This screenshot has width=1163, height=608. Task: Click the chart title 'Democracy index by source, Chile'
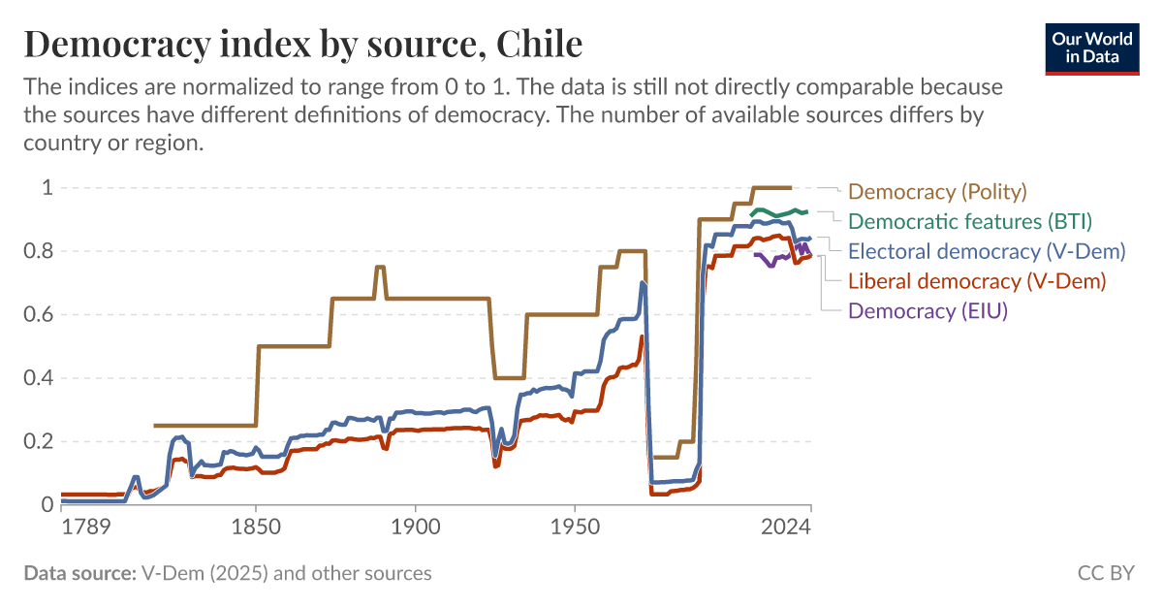(x=302, y=44)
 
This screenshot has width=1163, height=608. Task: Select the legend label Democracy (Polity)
(x=937, y=191)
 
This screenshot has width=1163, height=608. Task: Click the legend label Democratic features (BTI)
(x=970, y=221)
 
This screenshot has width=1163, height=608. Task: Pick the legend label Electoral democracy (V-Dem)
(x=987, y=251)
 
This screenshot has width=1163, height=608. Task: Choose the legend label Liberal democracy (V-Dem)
(x=977, y=281)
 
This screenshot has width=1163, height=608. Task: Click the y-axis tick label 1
(x=47, y=187)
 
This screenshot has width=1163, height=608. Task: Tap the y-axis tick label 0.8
(x=39, y=251)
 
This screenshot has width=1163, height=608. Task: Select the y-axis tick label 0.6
(x=39, y=314)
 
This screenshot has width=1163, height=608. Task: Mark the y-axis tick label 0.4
(x=39, y=378)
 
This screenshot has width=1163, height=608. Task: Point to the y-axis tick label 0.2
(x=39, y=441)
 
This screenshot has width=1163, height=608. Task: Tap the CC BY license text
(x=1105, y=573)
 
